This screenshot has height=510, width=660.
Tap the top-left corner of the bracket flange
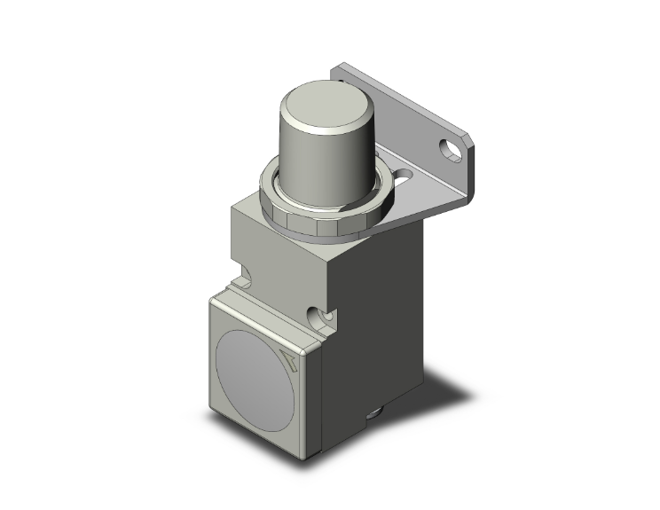(338, 68)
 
